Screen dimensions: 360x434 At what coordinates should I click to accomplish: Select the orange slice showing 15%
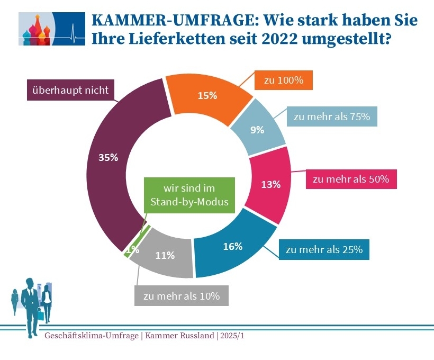point(207,96)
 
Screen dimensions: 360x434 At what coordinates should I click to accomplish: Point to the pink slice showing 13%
point(271,185)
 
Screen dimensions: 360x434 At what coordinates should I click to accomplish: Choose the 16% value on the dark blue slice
point(233,246)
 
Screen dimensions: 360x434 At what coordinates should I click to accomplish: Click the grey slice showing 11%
point(165,256)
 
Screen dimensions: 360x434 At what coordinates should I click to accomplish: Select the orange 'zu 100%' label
point(283,81)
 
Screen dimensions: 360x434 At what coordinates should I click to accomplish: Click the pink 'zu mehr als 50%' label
point(351,179)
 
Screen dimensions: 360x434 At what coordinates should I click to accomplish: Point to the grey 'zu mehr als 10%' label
point(182,296)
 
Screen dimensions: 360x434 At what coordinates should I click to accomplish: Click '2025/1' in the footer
point(231,336)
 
